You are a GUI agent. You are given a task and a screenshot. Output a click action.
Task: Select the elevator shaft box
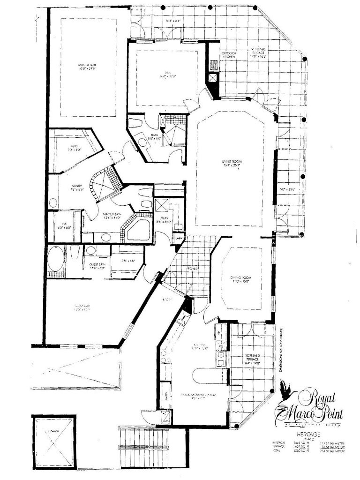[53, 438]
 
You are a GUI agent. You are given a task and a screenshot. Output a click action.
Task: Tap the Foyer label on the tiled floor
[195, 269]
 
